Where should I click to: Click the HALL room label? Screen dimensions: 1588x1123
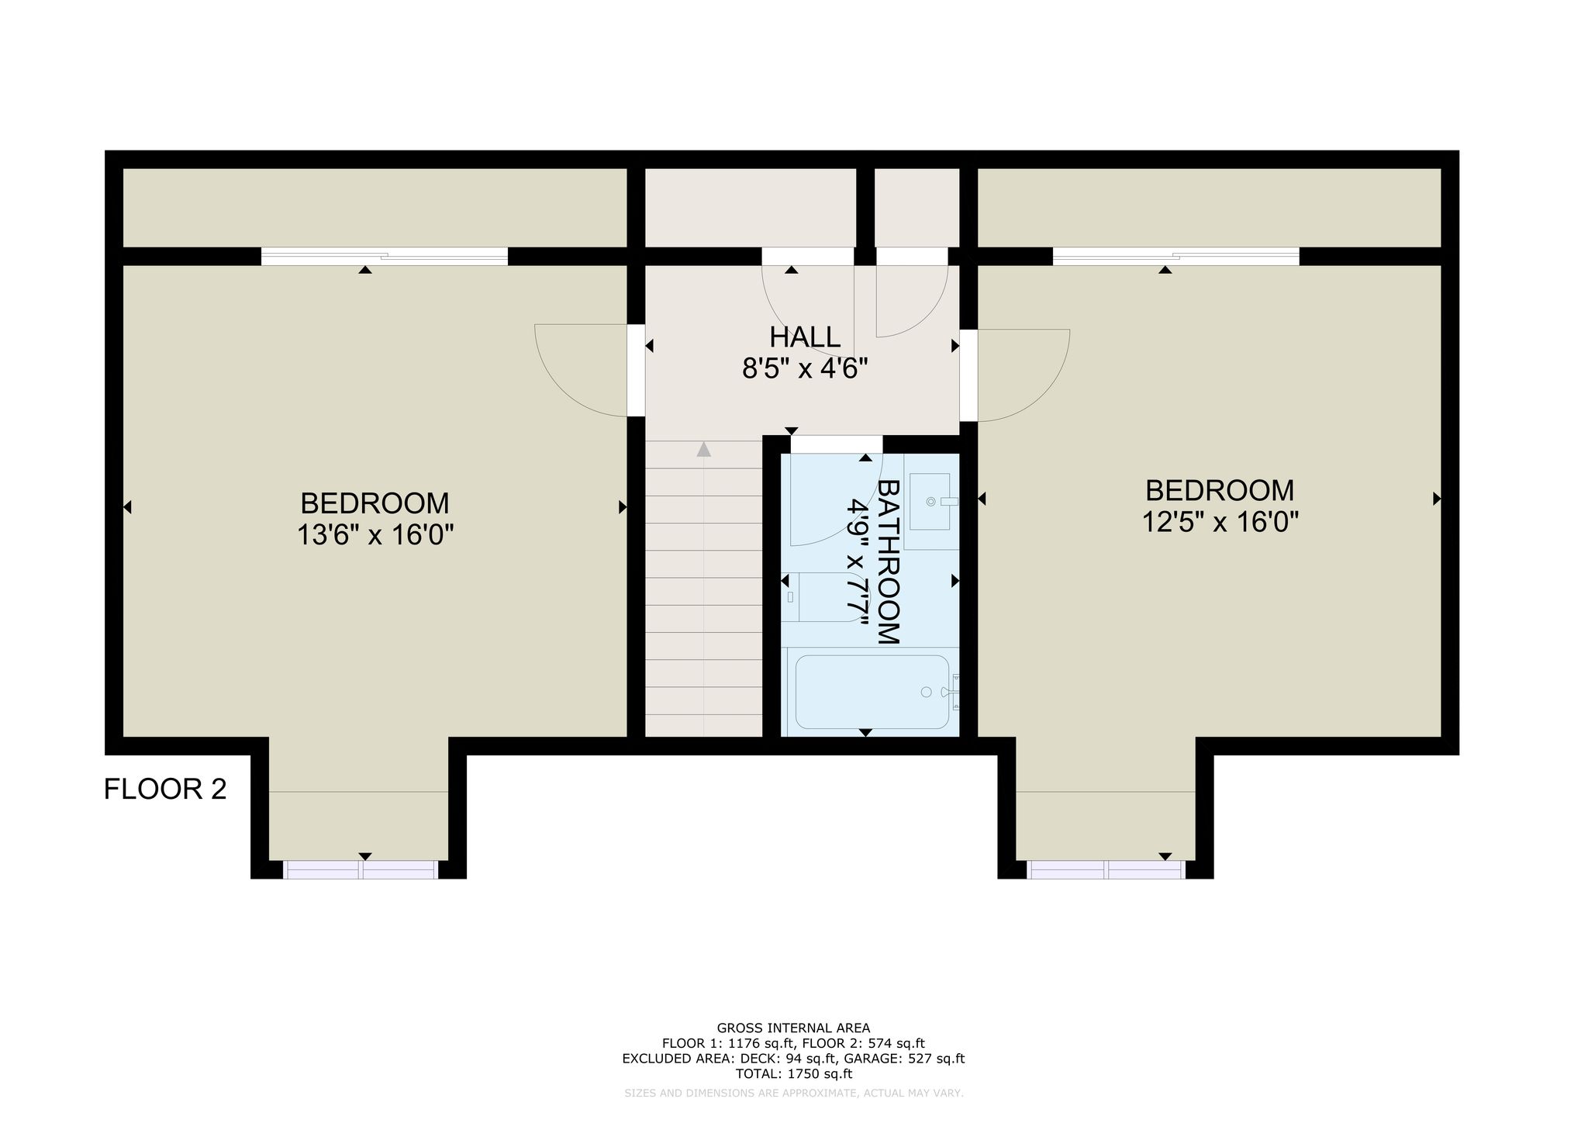point(804,337)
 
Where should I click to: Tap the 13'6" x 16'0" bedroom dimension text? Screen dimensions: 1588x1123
point(375,535)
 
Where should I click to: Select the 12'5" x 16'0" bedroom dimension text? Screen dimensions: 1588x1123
point(1220,522)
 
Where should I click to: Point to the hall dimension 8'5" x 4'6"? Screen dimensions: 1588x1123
point(804,368)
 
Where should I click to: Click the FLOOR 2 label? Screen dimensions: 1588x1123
point(165,790)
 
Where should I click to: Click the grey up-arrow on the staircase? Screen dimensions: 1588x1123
point(703,449)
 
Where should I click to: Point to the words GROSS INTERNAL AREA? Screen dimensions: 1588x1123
point(793,1029)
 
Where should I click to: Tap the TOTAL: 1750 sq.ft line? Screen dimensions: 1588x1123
point(793,1074)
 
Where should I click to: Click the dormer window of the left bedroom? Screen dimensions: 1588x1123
point(361,869)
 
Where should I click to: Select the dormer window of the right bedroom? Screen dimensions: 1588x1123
point(1106,869)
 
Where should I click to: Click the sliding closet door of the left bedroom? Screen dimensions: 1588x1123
point(385,256)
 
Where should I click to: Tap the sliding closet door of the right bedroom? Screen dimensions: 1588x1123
point(1176,256)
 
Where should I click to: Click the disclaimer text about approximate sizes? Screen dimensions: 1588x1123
point(793,1094)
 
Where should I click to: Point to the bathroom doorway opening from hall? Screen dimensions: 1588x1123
point(837,444)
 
